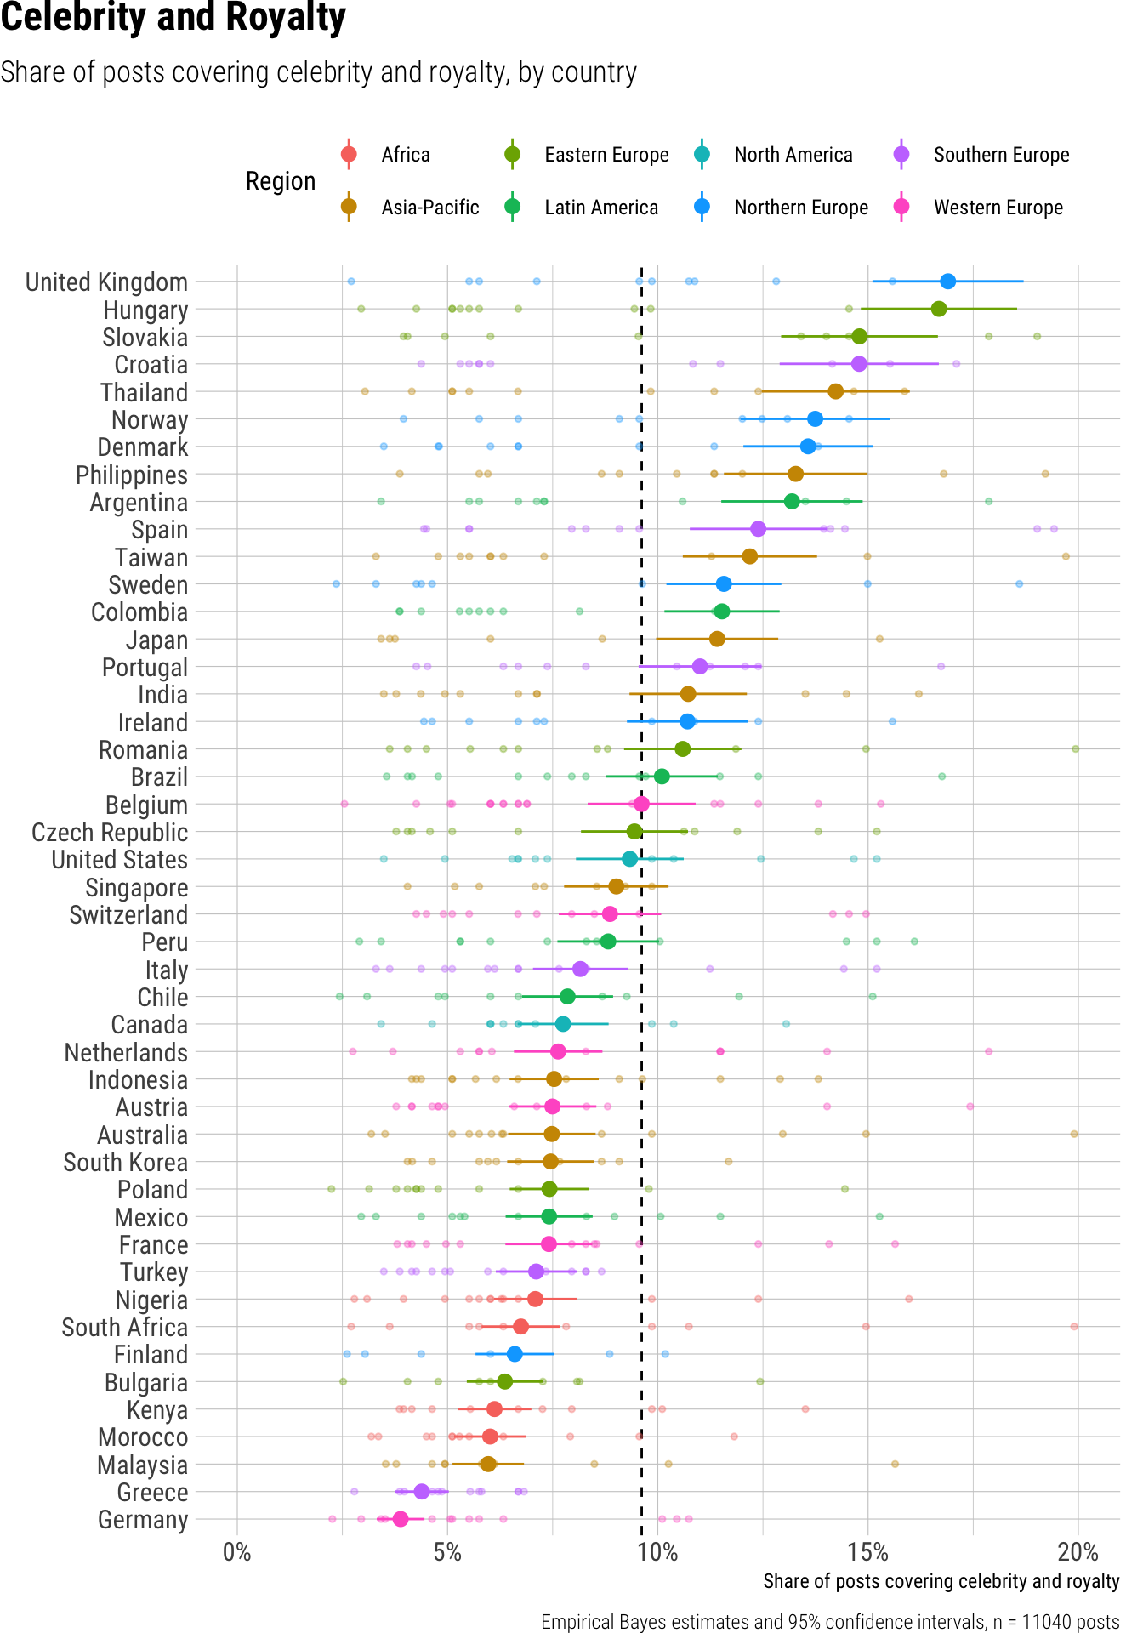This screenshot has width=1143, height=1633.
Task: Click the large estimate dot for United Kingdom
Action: point(947,282)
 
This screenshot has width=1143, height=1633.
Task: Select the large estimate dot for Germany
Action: point(401,1519)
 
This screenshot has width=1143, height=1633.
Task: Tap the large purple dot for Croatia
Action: point(859,364)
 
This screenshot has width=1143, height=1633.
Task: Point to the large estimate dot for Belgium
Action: point(641,804)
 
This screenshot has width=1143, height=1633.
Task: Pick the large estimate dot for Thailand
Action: point(835,391)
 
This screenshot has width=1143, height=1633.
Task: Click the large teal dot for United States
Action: point(629,859)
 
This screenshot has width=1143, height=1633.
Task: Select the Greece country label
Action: point(152,1493)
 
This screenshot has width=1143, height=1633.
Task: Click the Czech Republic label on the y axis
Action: point(110,833)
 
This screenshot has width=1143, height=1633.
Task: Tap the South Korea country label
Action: point(125,1163)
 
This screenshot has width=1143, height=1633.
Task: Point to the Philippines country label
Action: point(132,475)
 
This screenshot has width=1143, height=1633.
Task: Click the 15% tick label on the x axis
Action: point(867,1552)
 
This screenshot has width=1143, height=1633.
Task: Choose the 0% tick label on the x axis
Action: point(236,1552)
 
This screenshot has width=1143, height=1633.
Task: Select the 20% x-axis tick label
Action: point(1078,1552)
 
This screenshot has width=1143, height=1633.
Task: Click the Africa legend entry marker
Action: point(348,155)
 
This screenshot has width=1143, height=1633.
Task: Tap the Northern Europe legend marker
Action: point(702,208)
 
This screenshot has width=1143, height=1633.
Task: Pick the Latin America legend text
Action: point(601,208)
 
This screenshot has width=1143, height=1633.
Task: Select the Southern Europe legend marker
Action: point(901,155)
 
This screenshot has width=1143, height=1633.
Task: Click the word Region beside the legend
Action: point(281,181)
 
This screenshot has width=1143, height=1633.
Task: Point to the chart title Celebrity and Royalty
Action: point(173,19)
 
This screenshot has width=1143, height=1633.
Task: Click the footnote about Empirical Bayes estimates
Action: point(829,1622)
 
